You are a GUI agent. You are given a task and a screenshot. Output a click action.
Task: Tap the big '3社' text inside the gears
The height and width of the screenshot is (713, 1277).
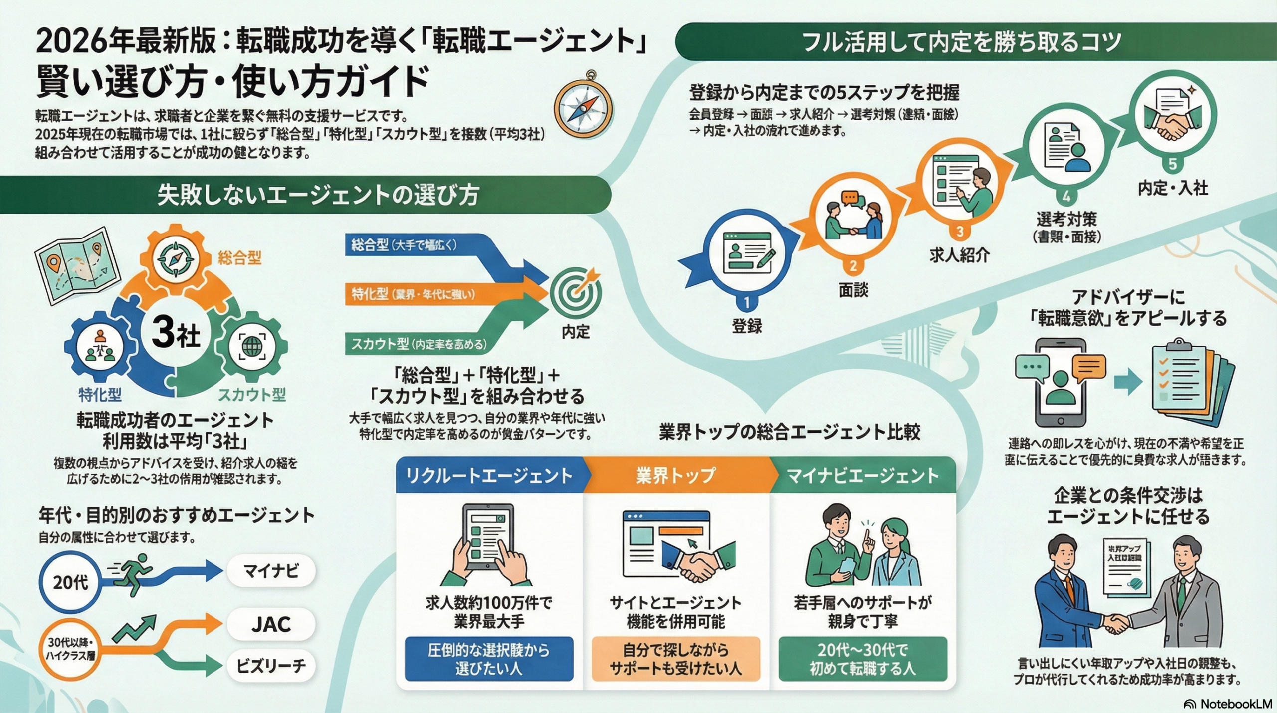coord(176,333)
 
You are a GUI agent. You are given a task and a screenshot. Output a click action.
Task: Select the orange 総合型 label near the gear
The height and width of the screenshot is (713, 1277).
coord(239,258)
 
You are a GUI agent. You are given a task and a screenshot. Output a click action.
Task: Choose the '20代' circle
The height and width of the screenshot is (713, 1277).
coord(70,582)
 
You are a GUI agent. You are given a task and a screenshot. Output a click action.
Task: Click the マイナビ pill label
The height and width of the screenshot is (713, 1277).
coord(271,570)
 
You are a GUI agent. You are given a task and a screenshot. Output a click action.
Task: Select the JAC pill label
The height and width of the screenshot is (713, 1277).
coord(271,624)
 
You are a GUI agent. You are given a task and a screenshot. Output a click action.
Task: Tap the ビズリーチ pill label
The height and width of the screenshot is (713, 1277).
coord(271,666)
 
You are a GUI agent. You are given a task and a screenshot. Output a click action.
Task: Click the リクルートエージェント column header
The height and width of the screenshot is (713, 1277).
coord(489,475)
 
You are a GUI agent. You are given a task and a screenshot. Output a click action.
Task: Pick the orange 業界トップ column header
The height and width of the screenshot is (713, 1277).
coord(675,475)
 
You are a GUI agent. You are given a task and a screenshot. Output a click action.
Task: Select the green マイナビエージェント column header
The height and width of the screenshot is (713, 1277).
coord(862,475)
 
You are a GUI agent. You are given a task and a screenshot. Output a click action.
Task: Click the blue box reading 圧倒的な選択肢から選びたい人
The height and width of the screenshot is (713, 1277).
coord(489,659)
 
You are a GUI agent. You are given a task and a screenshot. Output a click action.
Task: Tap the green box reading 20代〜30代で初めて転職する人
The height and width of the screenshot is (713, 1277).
coord(862,659)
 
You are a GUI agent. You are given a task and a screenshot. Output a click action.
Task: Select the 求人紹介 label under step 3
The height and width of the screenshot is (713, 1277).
coord(959,255)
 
